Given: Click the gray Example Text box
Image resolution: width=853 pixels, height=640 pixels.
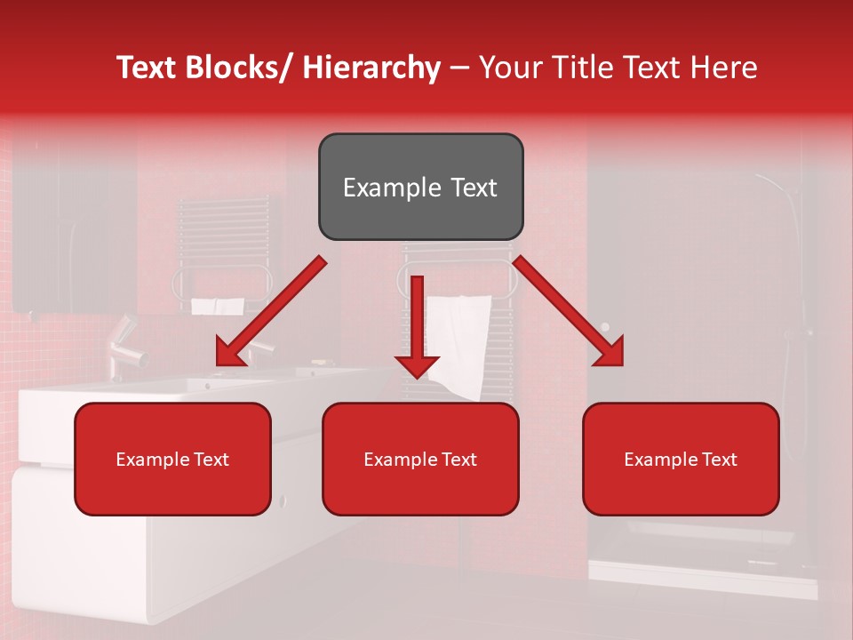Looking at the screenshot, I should pyautogui.click(x=420, y=187).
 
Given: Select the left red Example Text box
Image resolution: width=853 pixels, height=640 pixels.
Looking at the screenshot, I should pyautogui.click(x=172, y=459).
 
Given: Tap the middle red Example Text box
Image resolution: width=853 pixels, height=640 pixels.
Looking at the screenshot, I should pyautogui.click(x=420, y=459).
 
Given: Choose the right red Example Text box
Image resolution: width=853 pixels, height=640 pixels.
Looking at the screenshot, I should pyautogui.click(x=681, y=459).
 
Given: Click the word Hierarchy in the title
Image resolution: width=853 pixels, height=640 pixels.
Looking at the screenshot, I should pyautogui.click(x=371, y=68).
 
